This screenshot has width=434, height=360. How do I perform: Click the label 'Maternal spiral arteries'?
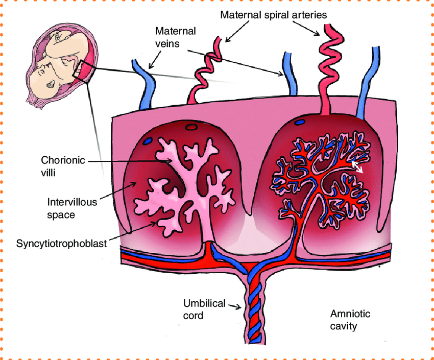[x=273, y=14]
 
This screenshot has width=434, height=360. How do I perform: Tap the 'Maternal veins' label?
[x=175, y=37]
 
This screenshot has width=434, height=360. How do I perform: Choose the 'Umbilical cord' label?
[x=204, y=309]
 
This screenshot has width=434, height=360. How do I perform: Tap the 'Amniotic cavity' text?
[x=350, y=319]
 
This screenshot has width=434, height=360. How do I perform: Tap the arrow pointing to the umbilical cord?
[x=234, y=306]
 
